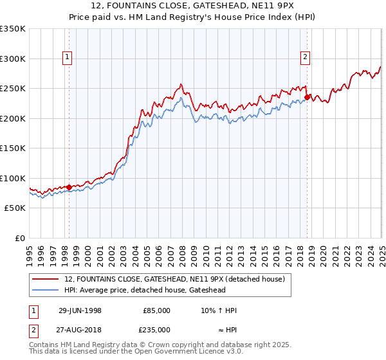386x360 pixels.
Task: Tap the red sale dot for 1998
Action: pyautogui.click(x=69, y=188)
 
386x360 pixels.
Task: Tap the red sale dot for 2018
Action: pyautogui.click(x=307, y=98)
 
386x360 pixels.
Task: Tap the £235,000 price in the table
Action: pyautogui.click(x=156, y=329)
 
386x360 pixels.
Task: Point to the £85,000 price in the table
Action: pyautogui.click(x=156, y=310)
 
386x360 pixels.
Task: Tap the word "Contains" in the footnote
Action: pyautogui.click(x=44, y=345)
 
